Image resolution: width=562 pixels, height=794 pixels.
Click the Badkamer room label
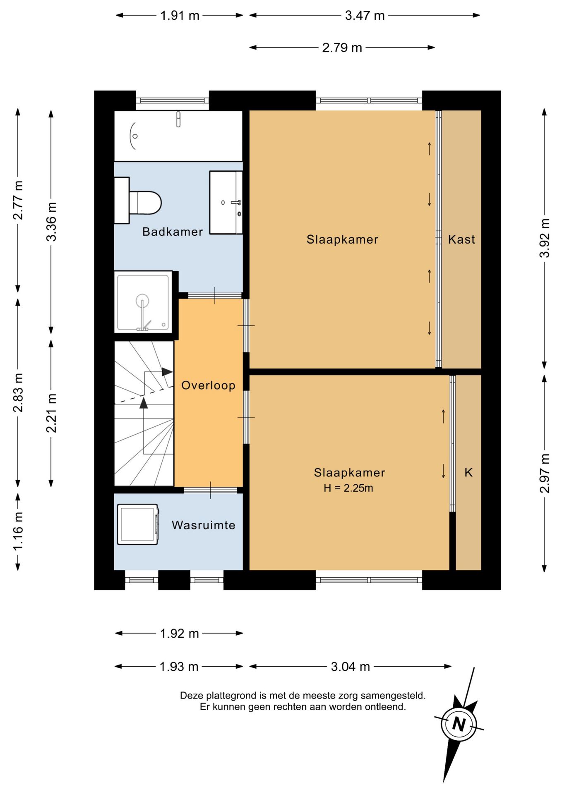(173, 232)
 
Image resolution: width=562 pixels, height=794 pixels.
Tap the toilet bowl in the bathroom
(144, 203)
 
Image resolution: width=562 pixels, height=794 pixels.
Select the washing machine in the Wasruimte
(138, 524)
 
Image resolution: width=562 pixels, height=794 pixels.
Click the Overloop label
(208, 385)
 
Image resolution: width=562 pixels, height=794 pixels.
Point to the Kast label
(461, 239)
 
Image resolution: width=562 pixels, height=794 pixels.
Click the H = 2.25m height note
(348, 488)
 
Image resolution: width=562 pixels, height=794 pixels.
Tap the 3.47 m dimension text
(365, 16)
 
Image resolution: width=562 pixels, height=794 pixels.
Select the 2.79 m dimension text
(342, 48)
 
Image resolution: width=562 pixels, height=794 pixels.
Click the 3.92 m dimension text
(545, 238)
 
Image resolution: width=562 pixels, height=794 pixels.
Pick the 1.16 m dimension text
(18, 531)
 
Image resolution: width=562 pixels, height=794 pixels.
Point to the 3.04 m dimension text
(350, 666)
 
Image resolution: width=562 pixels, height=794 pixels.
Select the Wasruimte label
(204, 525)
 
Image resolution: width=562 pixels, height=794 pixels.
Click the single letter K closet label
(468, 472)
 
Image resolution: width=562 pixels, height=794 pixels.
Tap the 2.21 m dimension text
(51, 413)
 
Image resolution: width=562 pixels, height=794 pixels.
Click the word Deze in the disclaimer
(191, 696)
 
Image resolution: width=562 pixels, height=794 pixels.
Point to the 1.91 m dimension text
(180, 16)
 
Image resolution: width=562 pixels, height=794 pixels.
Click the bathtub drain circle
(135, 136)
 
